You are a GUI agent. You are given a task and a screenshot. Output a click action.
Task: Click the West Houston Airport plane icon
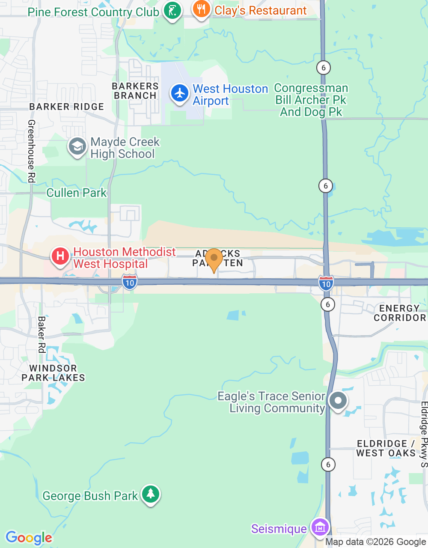180,93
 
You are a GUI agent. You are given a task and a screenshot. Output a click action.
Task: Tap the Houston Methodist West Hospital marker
60,256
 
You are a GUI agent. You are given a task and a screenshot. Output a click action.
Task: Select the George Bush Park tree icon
150,494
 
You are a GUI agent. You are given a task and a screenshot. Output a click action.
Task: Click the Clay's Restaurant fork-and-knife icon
201,9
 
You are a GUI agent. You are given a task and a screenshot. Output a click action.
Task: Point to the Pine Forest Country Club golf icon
172,10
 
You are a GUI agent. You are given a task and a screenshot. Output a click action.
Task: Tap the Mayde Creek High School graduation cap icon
77,146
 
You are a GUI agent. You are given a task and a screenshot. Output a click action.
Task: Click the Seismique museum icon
320,527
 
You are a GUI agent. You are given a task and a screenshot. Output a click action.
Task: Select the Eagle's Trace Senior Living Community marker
338,401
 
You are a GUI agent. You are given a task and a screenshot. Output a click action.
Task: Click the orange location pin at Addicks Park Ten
214,259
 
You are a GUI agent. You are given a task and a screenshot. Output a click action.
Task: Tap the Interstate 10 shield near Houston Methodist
130,283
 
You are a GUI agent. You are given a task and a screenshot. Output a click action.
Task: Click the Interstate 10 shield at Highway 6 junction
326,283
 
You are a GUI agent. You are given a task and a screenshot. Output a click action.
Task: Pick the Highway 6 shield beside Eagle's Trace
328,465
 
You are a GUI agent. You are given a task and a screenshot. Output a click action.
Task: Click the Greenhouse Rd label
31,151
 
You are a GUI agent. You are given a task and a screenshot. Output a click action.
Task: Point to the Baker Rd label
42,334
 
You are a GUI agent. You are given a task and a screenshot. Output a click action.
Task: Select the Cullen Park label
76,193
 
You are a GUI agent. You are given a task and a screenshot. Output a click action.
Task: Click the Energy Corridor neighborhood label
399,313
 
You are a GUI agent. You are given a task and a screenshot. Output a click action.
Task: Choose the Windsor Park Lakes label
53,373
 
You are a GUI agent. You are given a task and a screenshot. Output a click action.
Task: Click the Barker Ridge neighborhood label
66,107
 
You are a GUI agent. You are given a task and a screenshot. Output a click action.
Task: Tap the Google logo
29,538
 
